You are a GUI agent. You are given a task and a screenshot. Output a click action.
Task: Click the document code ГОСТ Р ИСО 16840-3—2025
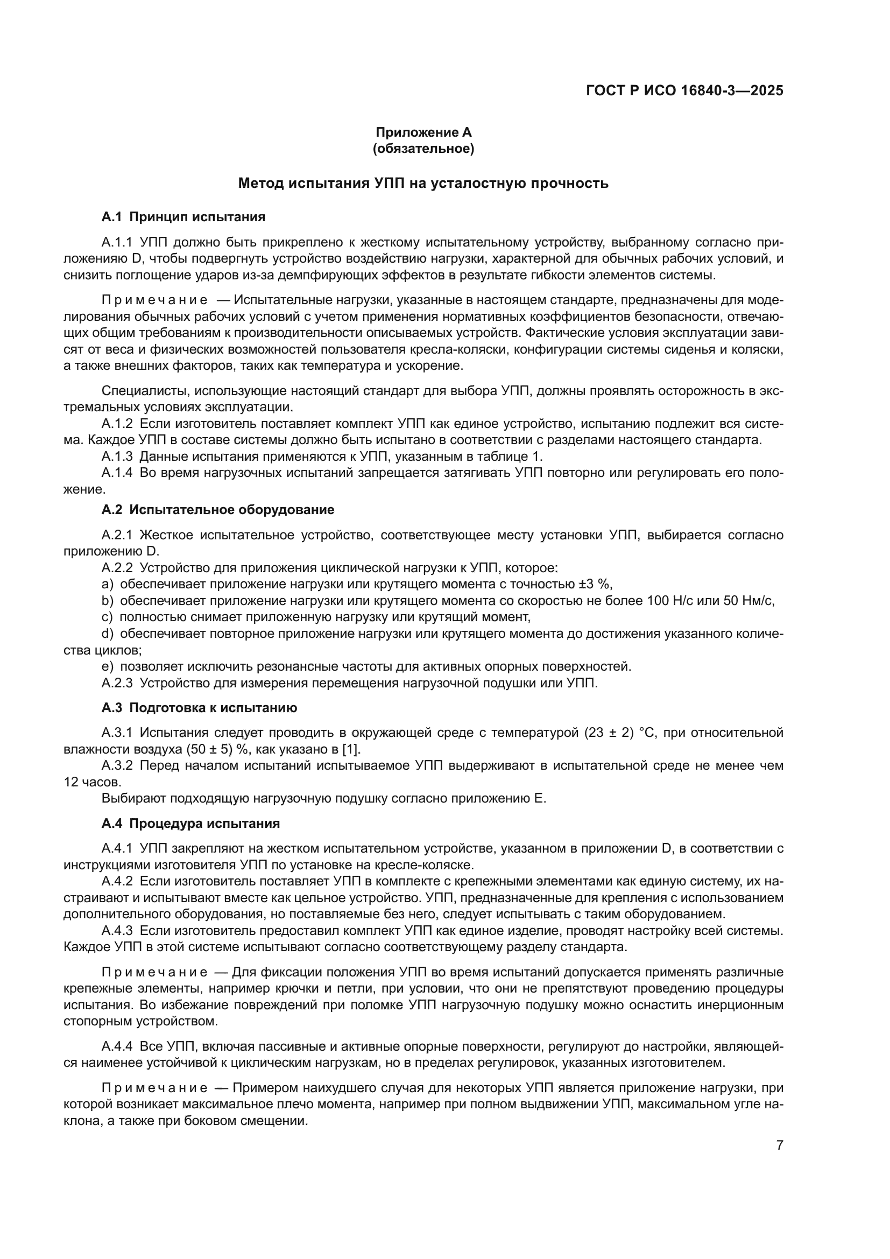684,90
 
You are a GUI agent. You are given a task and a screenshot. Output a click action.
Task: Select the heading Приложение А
423,132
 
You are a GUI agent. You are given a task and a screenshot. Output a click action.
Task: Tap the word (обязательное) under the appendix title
423,149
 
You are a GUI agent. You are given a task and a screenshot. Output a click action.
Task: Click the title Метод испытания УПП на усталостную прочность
423,183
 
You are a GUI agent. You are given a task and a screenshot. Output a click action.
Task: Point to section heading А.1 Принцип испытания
183,217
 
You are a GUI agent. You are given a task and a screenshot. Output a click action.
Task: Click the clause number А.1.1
117,242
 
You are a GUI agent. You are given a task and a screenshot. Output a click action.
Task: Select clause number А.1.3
117,456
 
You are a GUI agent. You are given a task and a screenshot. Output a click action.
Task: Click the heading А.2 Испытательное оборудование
217,510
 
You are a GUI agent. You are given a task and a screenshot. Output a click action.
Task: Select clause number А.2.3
117,683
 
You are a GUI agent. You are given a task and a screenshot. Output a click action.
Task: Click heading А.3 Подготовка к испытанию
199,708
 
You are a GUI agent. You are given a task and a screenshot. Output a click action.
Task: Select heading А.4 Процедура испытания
190,824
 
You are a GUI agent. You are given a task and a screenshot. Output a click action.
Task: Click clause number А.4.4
117,1046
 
